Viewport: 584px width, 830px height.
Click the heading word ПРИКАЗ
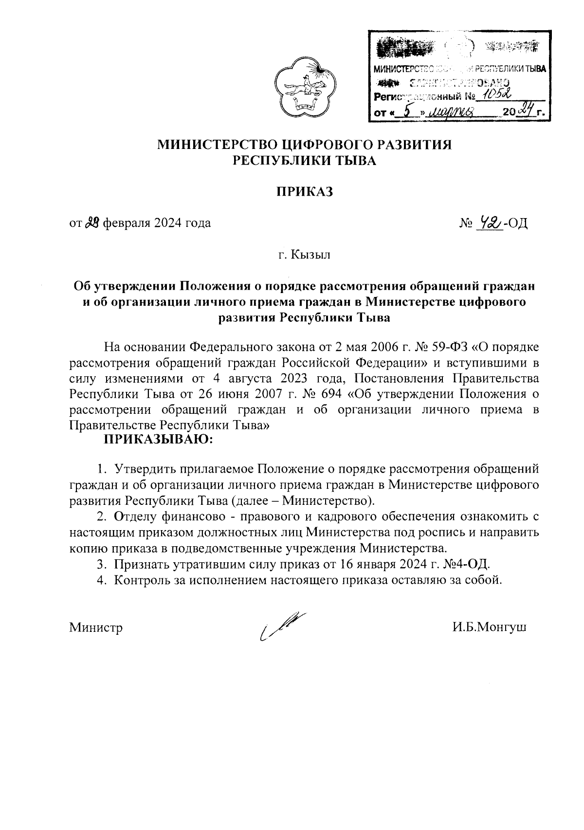(305, 192)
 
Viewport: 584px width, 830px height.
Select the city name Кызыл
(311, 255)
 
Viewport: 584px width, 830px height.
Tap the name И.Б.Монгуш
(489, 627)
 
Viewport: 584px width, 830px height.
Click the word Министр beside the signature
(96, 627)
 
